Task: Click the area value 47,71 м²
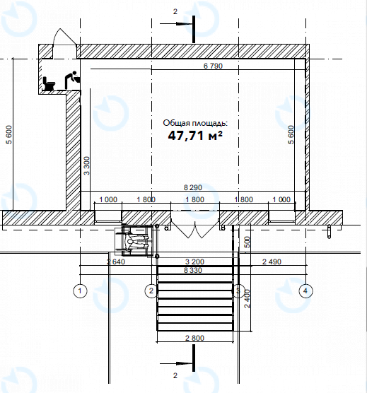[x=195, y=136]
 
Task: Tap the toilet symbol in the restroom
[x=49, y=83]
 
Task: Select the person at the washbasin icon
[x=72, y=80]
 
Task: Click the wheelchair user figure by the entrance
[x=135, y=241]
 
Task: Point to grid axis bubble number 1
[x=80, y=291]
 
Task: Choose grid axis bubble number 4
[x=305, y=291]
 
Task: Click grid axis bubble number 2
[x=151, y=291]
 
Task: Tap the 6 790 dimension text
[x=213, y=66]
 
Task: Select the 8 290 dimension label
[x=193, y=187]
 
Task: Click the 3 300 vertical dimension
[x=86, y=165]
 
